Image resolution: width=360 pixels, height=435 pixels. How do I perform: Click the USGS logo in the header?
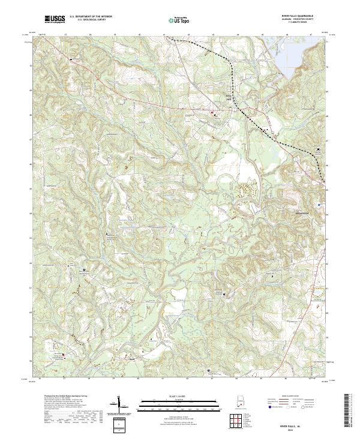(x=55, y=19)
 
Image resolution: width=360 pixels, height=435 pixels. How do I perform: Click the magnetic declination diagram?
(x=121, y=406)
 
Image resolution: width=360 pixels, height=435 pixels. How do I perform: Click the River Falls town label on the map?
(x=228, y=96)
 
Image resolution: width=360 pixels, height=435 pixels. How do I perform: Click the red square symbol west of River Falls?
(x=211, y=112)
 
